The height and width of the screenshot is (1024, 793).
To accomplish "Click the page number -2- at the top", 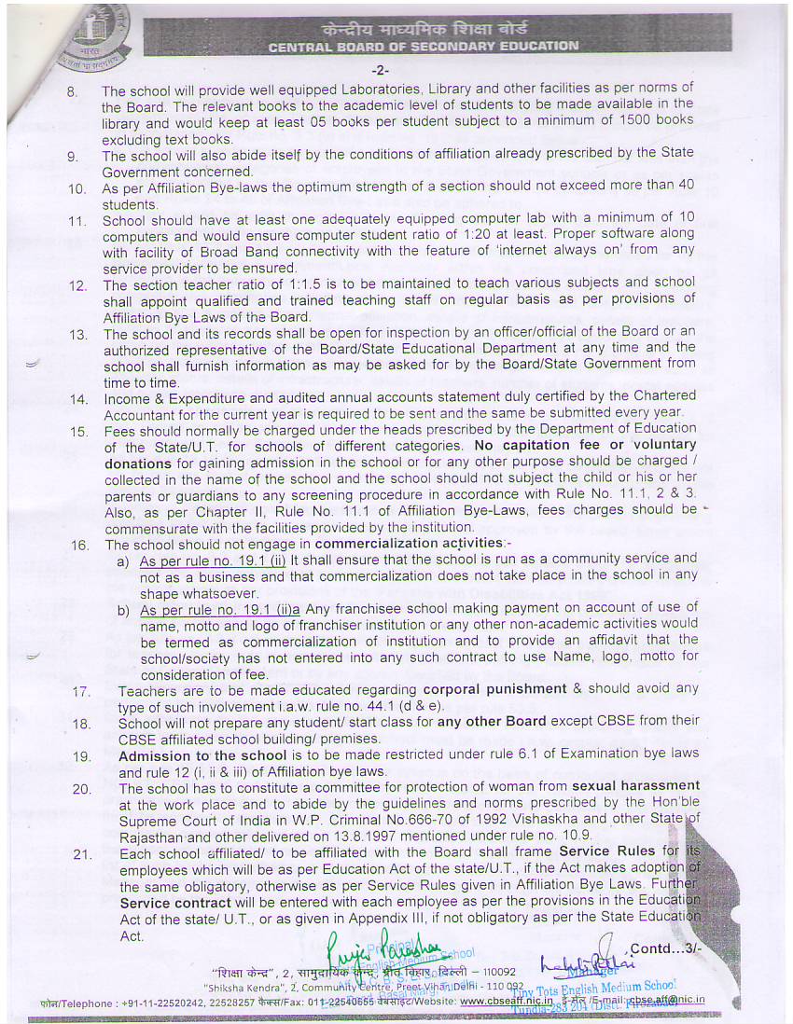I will [380, 71].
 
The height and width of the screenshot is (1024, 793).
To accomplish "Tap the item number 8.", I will [73, 92].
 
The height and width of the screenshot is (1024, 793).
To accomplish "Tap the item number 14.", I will [77, 398].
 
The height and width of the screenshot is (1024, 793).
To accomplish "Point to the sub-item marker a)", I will [123, 561].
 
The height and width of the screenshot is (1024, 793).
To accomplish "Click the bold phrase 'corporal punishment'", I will [508, 688].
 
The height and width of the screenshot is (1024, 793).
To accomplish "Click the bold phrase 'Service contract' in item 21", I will [175, 903].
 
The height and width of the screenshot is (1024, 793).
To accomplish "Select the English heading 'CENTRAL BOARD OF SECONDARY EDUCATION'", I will [423, 45].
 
